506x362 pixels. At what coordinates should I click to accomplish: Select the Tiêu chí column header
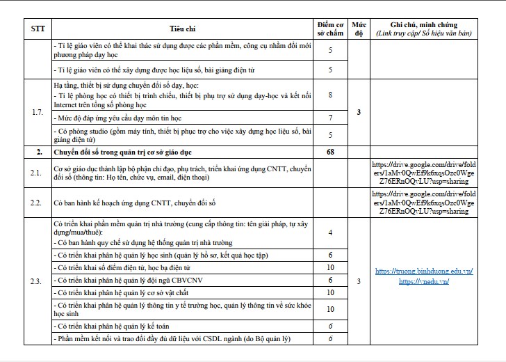point(183,29)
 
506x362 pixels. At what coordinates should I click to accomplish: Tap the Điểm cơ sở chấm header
point(330,29)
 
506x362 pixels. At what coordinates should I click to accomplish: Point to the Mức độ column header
point(359,29)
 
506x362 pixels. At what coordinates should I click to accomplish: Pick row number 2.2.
point(38,202)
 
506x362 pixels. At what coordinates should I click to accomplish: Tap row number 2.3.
point(38,281)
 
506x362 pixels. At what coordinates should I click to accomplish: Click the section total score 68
point(330,151)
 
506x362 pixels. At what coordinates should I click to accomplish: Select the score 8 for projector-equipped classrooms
point(330,95)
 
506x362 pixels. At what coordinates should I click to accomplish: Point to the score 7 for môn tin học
point(330,118)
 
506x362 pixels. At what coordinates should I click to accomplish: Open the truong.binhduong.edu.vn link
point(423,271)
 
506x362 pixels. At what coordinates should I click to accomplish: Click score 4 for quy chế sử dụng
point(330,233)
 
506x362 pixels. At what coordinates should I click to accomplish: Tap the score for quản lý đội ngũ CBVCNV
point(330,279)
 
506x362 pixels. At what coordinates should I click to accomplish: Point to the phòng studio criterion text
point(182,135)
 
